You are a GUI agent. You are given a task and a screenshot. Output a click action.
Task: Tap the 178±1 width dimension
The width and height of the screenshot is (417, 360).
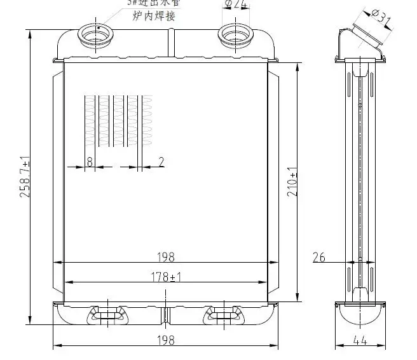165,277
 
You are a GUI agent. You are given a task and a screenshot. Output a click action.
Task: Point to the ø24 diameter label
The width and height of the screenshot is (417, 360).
236,6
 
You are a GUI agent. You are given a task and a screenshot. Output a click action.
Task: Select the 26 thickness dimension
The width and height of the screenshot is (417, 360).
319,257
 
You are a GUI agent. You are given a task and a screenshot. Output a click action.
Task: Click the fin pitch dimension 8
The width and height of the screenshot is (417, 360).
90,162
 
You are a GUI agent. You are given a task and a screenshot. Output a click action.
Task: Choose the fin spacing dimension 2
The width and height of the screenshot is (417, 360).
161,162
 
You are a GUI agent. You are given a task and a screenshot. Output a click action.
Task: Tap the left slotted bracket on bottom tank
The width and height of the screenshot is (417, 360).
107,314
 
